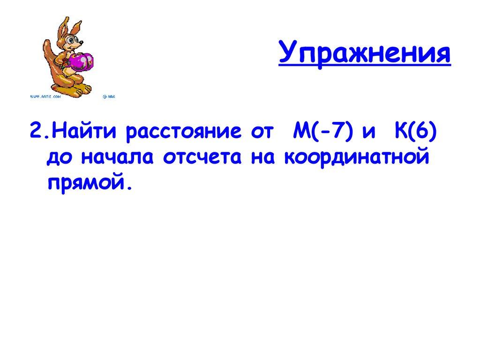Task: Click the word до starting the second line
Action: (x=60, y=157)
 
